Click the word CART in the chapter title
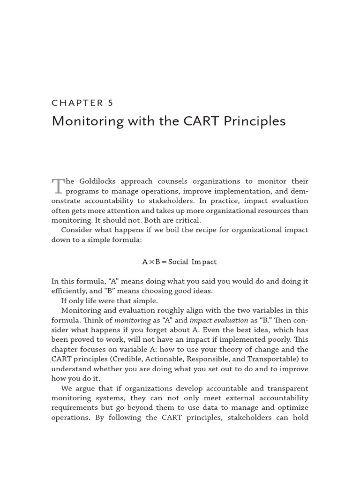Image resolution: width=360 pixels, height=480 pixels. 196,121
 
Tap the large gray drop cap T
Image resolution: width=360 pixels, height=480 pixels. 57,186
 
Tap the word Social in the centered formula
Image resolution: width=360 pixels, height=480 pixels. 178,262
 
